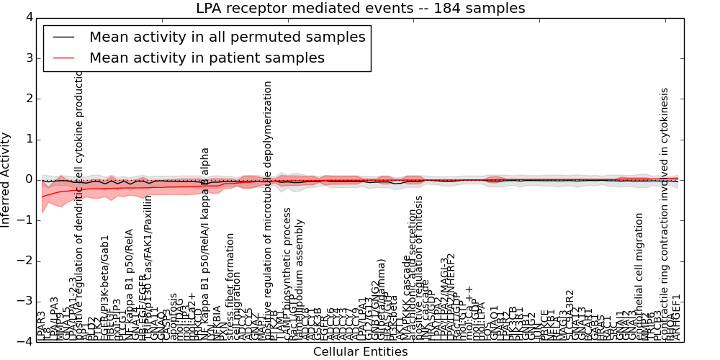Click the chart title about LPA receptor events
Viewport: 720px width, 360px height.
click(x=360, y=9)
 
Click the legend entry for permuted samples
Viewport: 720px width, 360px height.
click(x=227, y=37)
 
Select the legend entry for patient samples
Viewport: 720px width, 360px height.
click(x=207, y=58)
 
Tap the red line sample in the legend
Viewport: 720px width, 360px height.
click(x=63, y=58)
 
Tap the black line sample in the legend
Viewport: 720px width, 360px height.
click(x=63, y=37)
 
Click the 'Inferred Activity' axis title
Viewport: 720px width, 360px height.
click(x=6, y=180)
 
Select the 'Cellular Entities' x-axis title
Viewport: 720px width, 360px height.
click(x=360, y=352)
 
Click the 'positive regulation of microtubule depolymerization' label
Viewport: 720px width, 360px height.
click(x=268, y=209)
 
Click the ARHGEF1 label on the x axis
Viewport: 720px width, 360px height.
click(x=676, y=318)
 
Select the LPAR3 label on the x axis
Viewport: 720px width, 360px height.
click(x=42, y=326)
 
